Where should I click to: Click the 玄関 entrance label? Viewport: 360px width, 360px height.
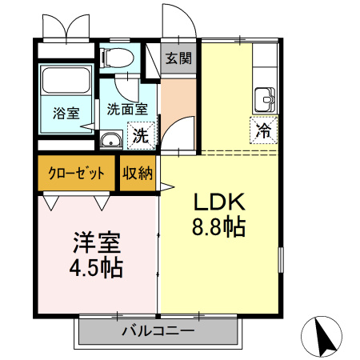coord(177,58)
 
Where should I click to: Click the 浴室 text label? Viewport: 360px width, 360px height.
coord(66,112)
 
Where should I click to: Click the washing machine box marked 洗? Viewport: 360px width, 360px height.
coord(140,135)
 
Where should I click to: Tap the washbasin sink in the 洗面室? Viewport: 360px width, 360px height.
coord(110,142)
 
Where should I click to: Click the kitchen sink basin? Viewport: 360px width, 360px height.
coord(264,101)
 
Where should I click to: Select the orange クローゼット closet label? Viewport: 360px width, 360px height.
coord(76,174)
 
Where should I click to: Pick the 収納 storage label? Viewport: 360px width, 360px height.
coord(138,174)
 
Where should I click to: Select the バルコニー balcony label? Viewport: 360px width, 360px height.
coord(158,330)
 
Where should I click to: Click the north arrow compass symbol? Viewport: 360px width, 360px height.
coord(324,336)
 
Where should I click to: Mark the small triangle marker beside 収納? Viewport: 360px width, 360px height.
coord(166,188)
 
